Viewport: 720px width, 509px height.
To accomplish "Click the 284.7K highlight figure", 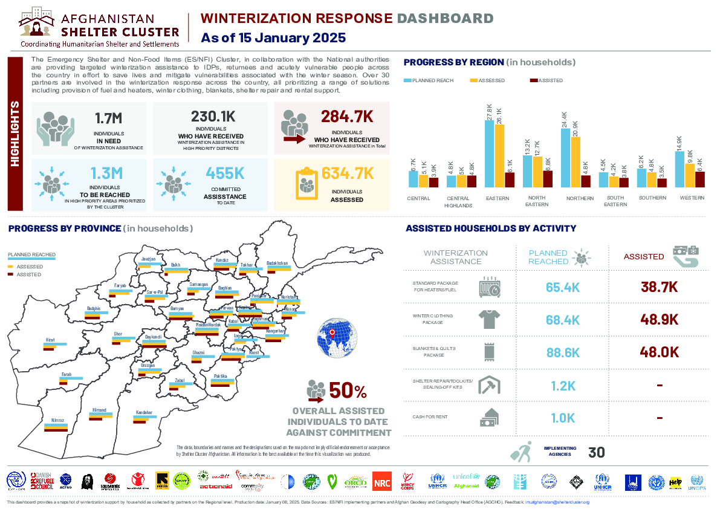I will coord(347,117).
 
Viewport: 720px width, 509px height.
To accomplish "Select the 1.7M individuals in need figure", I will coord(109,118).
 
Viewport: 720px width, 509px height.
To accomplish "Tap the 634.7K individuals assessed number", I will coord(348,174).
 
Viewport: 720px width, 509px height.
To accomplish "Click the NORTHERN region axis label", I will coord(580,198).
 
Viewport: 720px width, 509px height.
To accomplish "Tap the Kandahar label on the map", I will coord(144,412).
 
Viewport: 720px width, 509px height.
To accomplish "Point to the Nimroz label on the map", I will coord(58,420).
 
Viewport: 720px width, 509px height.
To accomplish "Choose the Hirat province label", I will coord(50,340).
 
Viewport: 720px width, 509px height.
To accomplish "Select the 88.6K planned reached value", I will coord(563,352).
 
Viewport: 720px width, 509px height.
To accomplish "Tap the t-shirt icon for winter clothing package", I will coord(488,319).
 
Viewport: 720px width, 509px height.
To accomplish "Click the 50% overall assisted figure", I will coord(347,391).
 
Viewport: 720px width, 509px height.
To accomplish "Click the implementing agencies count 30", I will coord(596,452).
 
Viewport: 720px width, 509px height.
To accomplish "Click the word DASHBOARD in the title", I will coord(444,19).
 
